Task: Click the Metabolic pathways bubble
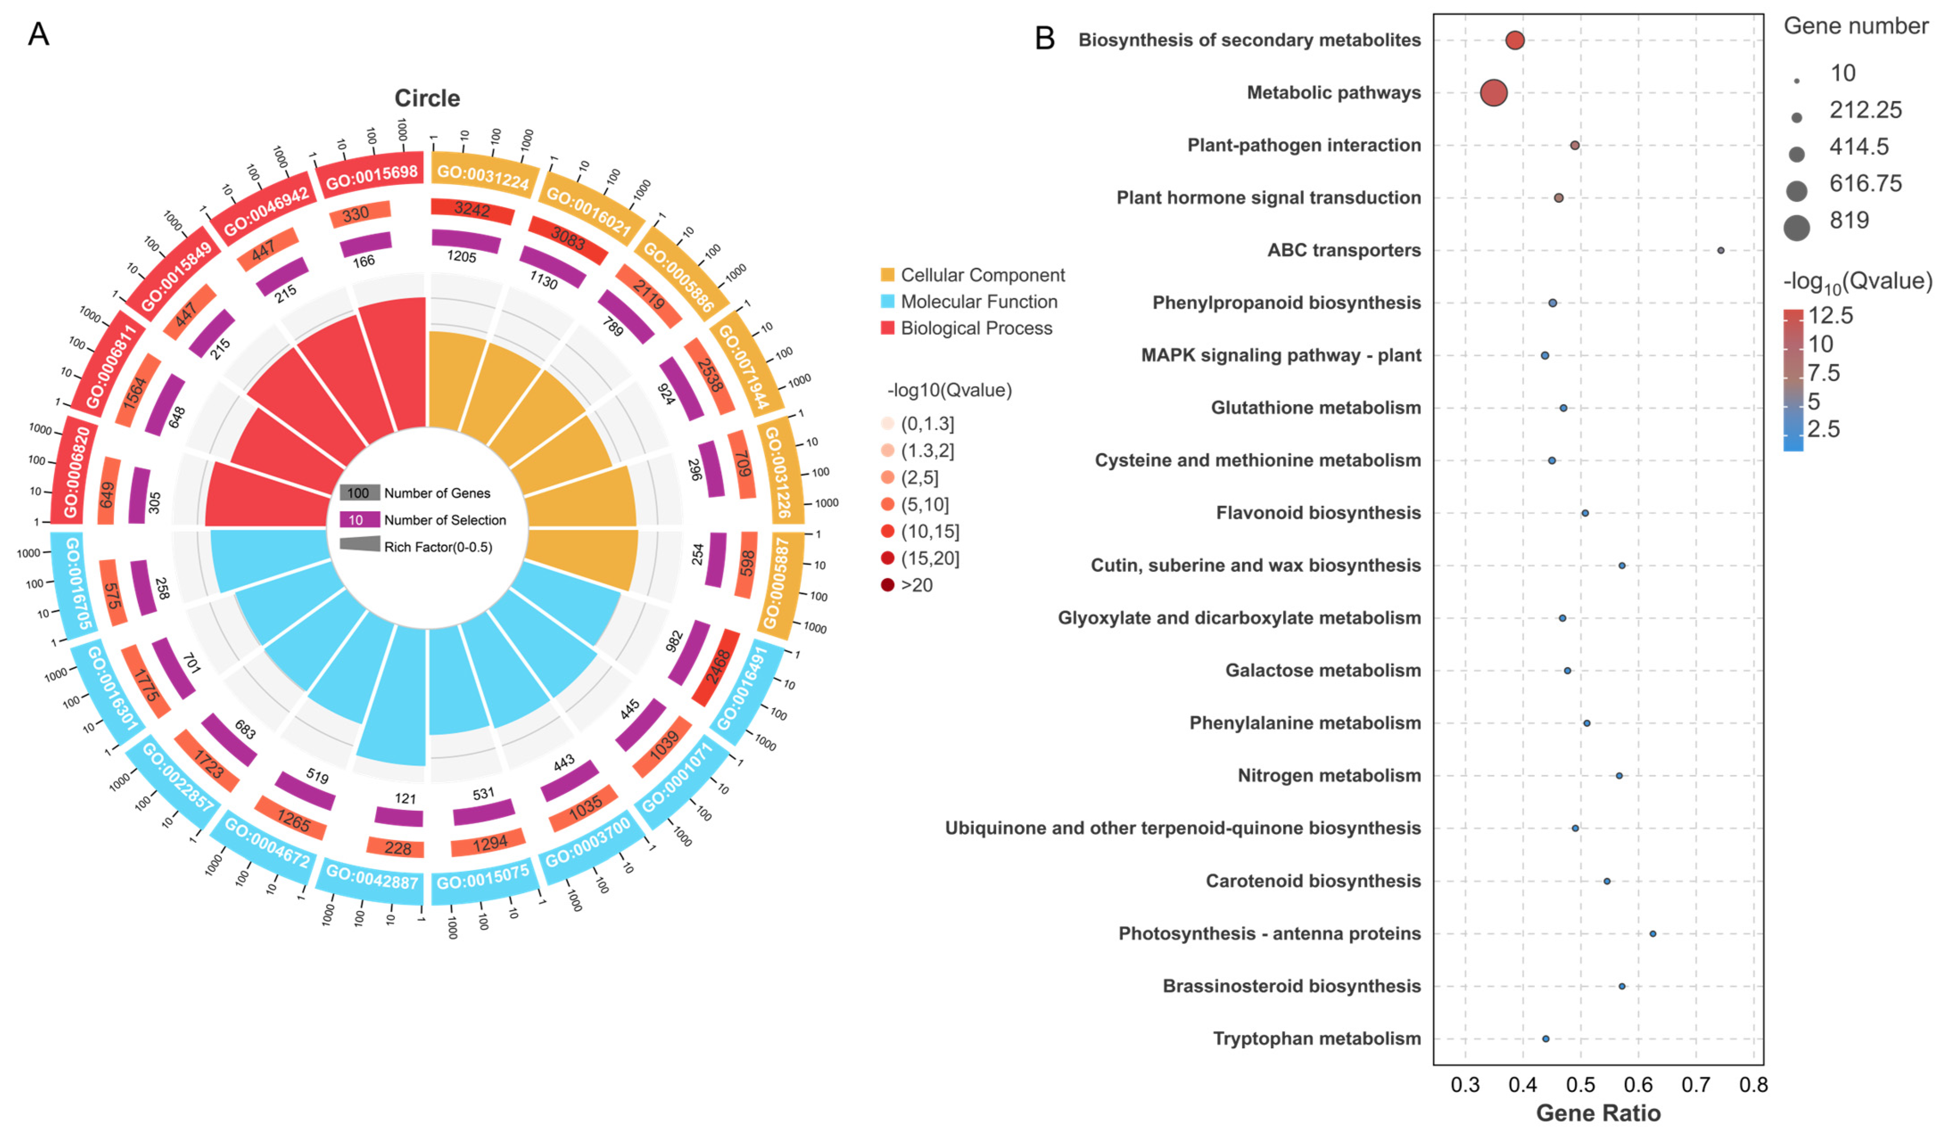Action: tap(1493, 93)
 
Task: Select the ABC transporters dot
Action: tap(1720, 250)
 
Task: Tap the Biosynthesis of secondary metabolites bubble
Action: tap(1514, 40)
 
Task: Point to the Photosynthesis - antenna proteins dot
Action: tap(1652, 933)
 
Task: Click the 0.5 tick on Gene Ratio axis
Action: tap(1580, 1085)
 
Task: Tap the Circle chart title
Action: tap(427, 99)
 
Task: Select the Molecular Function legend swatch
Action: tap(887, 301)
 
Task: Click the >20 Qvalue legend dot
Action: tap(887, 585)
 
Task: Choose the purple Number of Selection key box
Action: tap(359, 520)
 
